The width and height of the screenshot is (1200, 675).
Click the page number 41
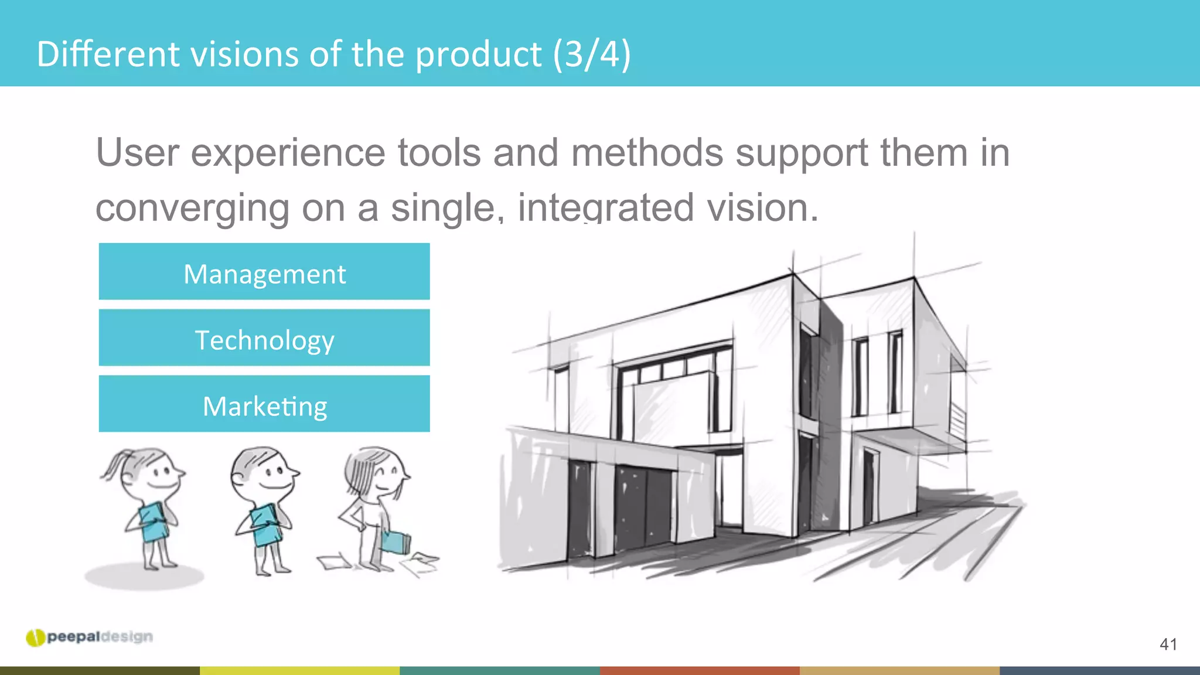tap(1168, 645)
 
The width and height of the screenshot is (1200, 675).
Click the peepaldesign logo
tap(89, 637)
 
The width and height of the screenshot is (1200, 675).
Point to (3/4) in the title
tap(592, 54)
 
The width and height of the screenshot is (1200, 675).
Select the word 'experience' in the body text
tap(288, 153)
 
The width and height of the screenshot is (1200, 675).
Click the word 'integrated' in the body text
tap(606, 207)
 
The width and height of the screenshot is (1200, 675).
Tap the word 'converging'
tap(192, 209)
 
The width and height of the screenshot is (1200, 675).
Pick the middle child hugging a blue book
tap(264, 510)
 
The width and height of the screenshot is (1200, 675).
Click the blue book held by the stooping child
tap(396, 541)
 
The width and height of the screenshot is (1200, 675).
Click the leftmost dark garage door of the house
tap(580, 507)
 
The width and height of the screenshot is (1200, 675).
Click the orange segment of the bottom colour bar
tap(700, 670)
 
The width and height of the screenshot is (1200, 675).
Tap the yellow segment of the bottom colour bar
tap(299, 670)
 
